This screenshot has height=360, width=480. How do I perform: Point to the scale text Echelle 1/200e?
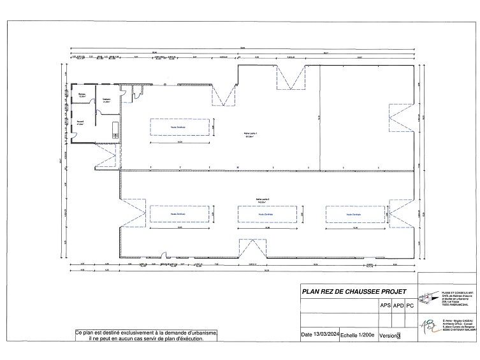358,335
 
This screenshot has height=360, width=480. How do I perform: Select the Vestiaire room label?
106,99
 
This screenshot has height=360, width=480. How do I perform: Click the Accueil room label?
81,123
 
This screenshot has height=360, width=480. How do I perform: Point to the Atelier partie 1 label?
250,134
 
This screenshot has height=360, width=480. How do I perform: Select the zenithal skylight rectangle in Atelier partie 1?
180,127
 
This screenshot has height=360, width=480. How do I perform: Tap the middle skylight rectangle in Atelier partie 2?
267,215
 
